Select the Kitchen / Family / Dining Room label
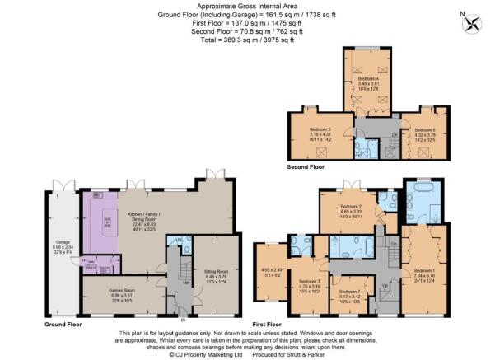(148, 217)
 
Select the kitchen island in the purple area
(108, 222)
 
